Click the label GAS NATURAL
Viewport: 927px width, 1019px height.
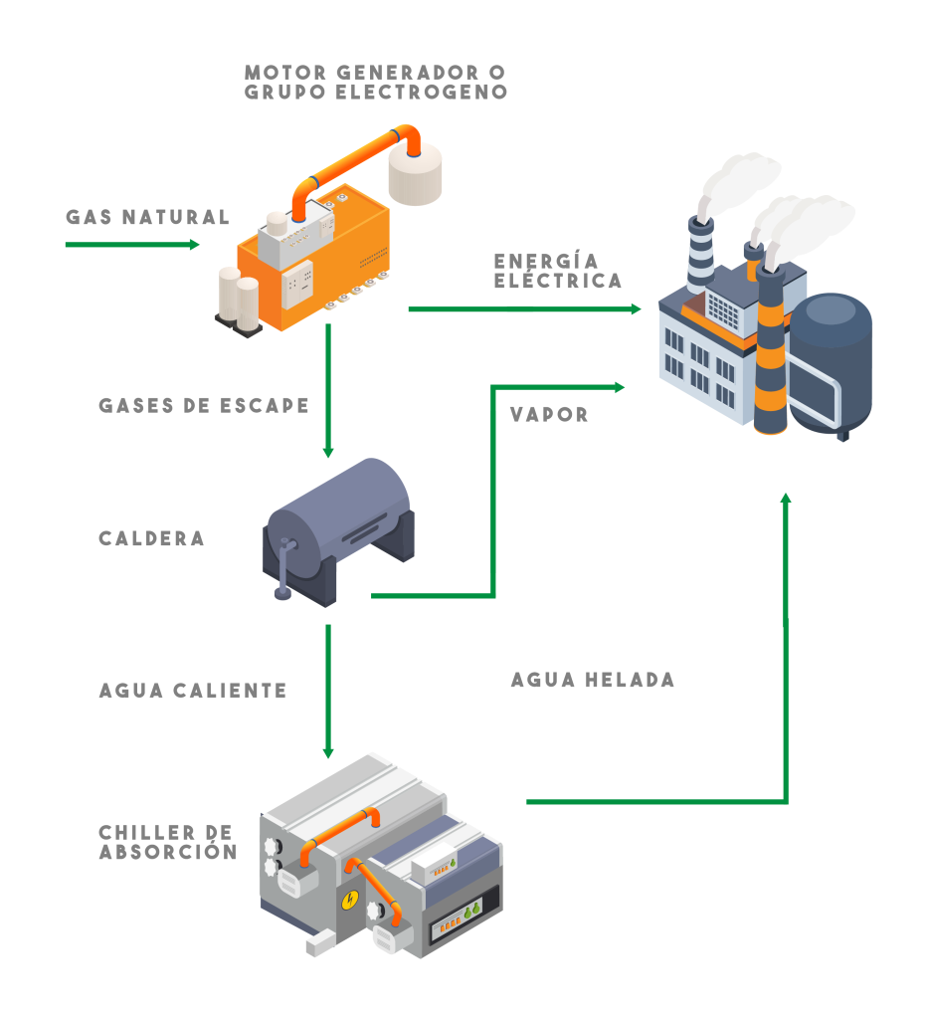[147, 217]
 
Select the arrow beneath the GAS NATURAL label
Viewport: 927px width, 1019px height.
[132, 244]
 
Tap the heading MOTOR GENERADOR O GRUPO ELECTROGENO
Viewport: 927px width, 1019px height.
[375, 82]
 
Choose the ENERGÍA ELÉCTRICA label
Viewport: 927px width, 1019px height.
[557, 271]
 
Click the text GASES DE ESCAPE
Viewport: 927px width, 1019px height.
[204, 406]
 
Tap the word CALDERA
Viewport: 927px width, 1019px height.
[151, 538]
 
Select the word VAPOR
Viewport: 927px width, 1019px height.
[549, 414]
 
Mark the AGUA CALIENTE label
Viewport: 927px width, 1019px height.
[192, 691]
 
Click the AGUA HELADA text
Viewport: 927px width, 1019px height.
[593, 681]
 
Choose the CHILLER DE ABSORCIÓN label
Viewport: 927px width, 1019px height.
[167, 842]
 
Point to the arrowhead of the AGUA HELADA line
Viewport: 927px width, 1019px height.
[786, 498]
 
